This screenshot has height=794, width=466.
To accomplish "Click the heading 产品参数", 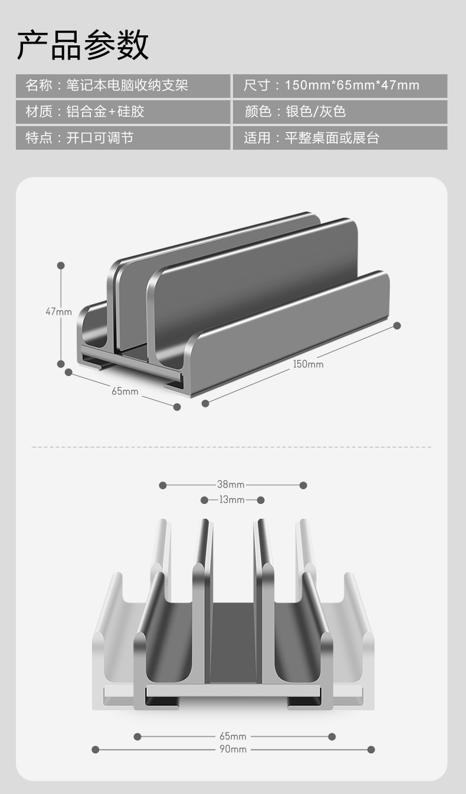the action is point(83,45).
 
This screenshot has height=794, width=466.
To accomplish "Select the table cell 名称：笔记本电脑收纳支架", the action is point(123,86).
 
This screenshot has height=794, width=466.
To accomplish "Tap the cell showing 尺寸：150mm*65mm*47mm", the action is point(340,86).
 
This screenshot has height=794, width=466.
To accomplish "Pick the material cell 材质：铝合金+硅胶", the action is point(123,112).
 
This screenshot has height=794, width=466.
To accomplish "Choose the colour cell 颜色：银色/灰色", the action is point(340,112).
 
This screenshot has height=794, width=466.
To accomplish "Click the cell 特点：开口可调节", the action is point(123,138).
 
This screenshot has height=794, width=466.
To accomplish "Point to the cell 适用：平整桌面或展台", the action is point(340,138).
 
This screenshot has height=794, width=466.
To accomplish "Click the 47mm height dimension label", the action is point(58,312).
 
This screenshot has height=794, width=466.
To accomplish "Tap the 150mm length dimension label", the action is point(308,364).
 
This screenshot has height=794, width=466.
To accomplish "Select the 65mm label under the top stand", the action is point(125,391).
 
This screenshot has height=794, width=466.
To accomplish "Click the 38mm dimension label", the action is point(231,484).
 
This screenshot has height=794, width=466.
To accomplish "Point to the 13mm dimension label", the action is point(232,500).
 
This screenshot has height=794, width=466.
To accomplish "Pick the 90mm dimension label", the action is point(233,749).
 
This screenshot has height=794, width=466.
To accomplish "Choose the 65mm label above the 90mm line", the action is point(233,736).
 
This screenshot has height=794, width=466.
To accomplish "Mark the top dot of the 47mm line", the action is point(61,265).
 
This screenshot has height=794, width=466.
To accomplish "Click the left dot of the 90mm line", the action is point(96,749).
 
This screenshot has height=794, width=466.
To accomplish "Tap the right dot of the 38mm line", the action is point(303,485).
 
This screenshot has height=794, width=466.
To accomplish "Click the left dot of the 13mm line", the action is point(204,500).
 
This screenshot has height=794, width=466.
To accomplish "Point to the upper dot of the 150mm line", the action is point(397,325).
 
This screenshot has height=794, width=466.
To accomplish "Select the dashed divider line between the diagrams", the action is point(231,447).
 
